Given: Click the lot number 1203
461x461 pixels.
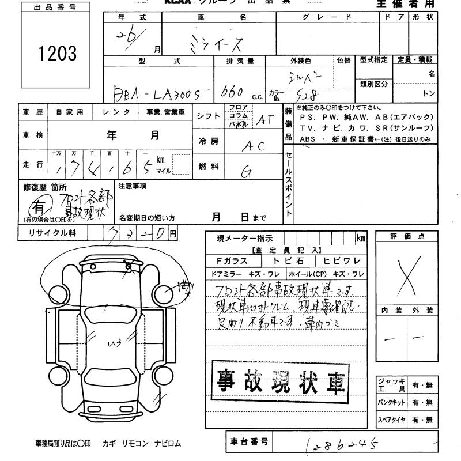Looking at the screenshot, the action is coord(57,54).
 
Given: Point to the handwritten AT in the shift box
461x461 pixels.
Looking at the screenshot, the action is coord(264,119).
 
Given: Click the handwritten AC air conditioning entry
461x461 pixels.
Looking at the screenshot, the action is coord(254,146).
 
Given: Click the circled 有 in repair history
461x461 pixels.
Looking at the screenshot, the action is coord(38,206).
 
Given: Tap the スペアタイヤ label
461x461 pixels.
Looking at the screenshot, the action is coord(392,420).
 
